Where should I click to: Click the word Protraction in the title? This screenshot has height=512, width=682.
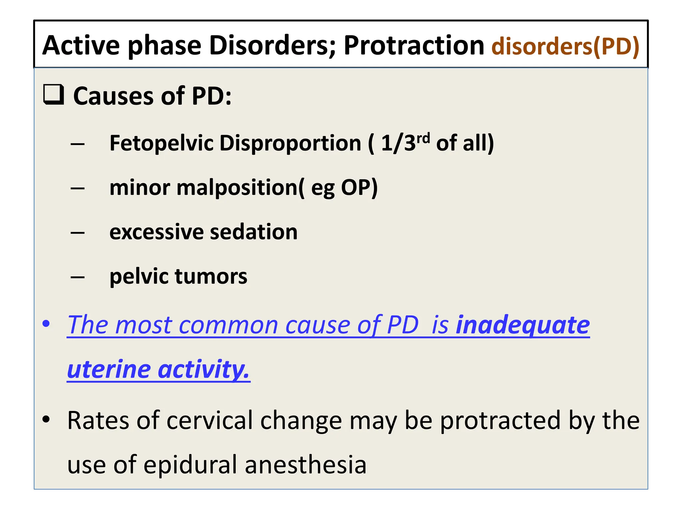click(414, 46)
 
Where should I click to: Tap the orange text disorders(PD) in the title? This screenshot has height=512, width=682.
click(565, 46)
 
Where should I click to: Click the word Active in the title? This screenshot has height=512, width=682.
click(81, 46)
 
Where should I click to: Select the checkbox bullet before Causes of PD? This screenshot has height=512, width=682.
click(54, 95)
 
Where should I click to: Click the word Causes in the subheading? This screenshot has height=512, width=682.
click(113, 96)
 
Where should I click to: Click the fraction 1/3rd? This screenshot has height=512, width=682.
click(405, 143)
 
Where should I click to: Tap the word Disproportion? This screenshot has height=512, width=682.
click(290, 143)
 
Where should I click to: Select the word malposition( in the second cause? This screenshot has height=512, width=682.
click(240, 188)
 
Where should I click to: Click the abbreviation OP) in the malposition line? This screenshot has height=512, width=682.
click(359, 188)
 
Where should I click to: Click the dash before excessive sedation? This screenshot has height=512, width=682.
click(78, 233)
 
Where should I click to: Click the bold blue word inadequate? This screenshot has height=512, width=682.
click(522, 325)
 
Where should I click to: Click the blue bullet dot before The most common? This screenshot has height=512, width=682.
click(46, 324)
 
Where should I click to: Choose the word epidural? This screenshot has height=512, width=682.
click(190, 465)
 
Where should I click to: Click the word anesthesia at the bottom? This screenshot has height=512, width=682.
click(305, 465)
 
